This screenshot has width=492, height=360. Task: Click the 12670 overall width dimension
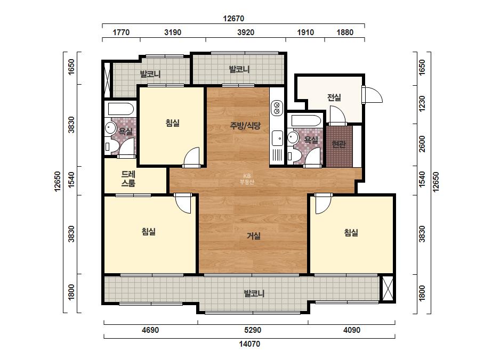[x=233, y=19]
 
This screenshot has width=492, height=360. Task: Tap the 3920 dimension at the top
[x=246, y=32]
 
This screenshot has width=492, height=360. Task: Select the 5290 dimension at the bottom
[x=253, y=330]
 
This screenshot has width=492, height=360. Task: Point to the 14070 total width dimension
[x=249, y=344]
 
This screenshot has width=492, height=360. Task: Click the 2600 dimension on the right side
[x=422, y=144]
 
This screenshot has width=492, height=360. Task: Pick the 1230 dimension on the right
[x=422, y=103]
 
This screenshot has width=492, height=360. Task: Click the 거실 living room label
[x=254, y=236]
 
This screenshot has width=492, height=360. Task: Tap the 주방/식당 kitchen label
[x=245, y=126]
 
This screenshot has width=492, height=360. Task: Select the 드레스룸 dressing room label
[x=128, y=179]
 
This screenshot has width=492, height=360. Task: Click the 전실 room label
[x=334, y=97]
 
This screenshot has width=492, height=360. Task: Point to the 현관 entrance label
[x=338, y=144]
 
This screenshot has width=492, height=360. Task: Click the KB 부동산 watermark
[x=246, y=179]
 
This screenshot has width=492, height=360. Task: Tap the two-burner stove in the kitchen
[x=277, y=107]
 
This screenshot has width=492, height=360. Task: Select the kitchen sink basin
[x=277, y=138]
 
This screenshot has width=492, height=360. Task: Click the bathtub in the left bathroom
[x=121, y=109]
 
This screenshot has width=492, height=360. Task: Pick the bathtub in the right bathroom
[x=306, y=121]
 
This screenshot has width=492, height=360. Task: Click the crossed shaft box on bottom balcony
[x=387, y=288]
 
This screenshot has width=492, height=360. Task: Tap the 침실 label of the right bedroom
[x=351, y=233]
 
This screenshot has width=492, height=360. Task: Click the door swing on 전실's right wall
[x=372, y=94]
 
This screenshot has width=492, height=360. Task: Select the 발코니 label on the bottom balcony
[x=254, y=293]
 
